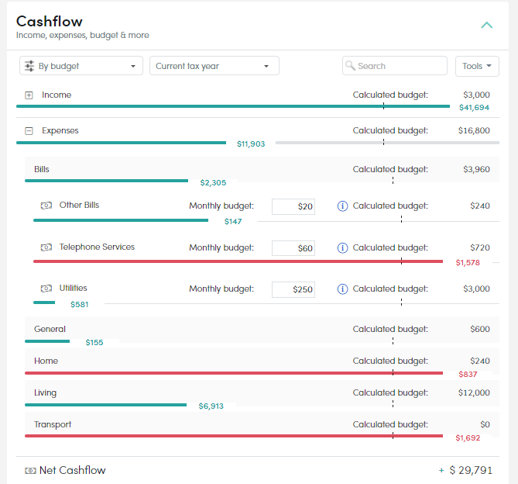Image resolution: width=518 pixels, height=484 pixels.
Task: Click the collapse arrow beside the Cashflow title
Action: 486,25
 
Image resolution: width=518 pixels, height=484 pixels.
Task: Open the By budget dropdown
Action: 81,66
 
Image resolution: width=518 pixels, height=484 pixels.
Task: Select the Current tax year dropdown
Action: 214,66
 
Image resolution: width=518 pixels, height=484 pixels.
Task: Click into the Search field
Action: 395,66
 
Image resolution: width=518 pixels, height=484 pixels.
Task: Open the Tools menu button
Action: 477,66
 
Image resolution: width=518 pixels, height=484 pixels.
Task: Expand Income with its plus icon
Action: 29,95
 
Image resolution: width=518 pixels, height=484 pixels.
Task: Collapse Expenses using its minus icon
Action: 29,131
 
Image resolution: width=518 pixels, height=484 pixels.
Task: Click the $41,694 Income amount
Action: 474,108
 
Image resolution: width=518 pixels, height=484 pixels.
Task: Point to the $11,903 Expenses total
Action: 251,144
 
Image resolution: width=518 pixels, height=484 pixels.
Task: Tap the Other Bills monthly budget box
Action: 293,206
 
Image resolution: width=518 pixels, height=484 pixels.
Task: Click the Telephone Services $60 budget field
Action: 293,248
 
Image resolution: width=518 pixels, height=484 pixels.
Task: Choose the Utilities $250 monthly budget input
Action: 293,289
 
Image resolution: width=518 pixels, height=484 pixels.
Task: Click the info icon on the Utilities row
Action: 342,289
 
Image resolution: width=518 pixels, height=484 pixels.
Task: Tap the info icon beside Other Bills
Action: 342,206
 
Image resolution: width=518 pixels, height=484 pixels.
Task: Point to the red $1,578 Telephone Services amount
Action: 468,263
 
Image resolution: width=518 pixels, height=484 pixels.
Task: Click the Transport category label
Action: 53,424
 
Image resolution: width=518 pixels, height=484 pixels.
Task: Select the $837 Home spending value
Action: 468,374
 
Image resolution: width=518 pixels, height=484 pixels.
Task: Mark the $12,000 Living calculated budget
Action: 474,392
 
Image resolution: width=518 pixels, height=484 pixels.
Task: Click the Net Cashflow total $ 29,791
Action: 471,470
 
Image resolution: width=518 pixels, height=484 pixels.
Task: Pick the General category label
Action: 50,329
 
